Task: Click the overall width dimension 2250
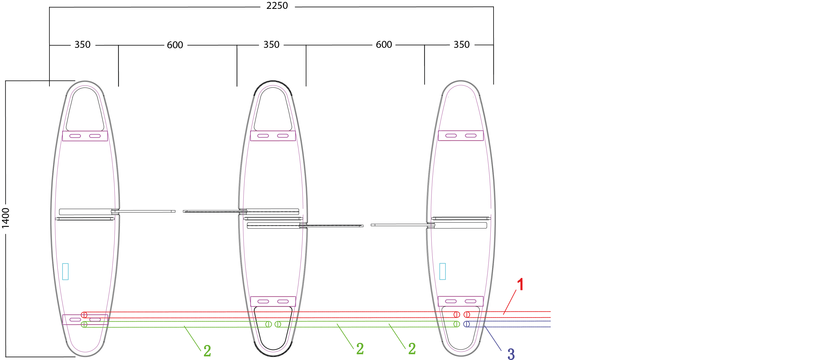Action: (x=277, y=5)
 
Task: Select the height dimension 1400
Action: (x=5, y=218)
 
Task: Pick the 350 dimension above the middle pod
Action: (x=271, y=44)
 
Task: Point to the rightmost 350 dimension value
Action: (x=462, y=44)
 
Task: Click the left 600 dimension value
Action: (x=175, y=45)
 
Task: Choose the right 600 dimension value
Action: (x=384, y=44)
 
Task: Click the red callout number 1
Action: (x=520, y=284)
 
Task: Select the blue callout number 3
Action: (x=511, y=354)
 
